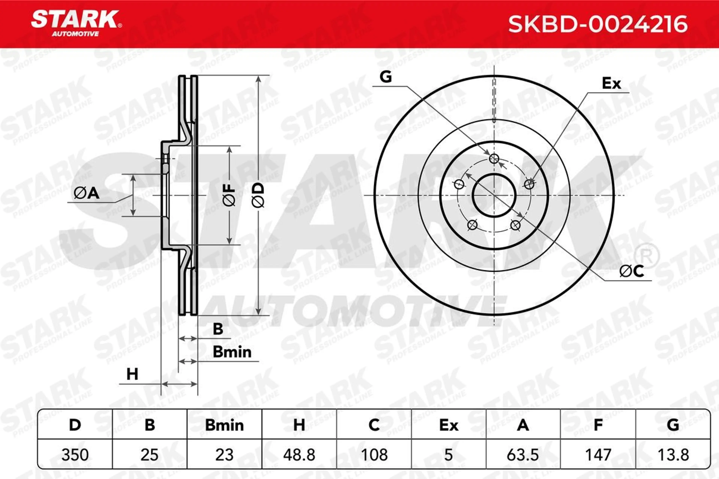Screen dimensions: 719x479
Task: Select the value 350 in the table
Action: click(75, 454)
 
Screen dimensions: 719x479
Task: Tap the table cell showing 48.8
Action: click(299, 454)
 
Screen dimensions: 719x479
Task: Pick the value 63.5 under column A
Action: click(523, 454)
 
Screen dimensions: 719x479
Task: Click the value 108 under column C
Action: click(374, 454)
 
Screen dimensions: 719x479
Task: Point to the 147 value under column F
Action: click(598, 454)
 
